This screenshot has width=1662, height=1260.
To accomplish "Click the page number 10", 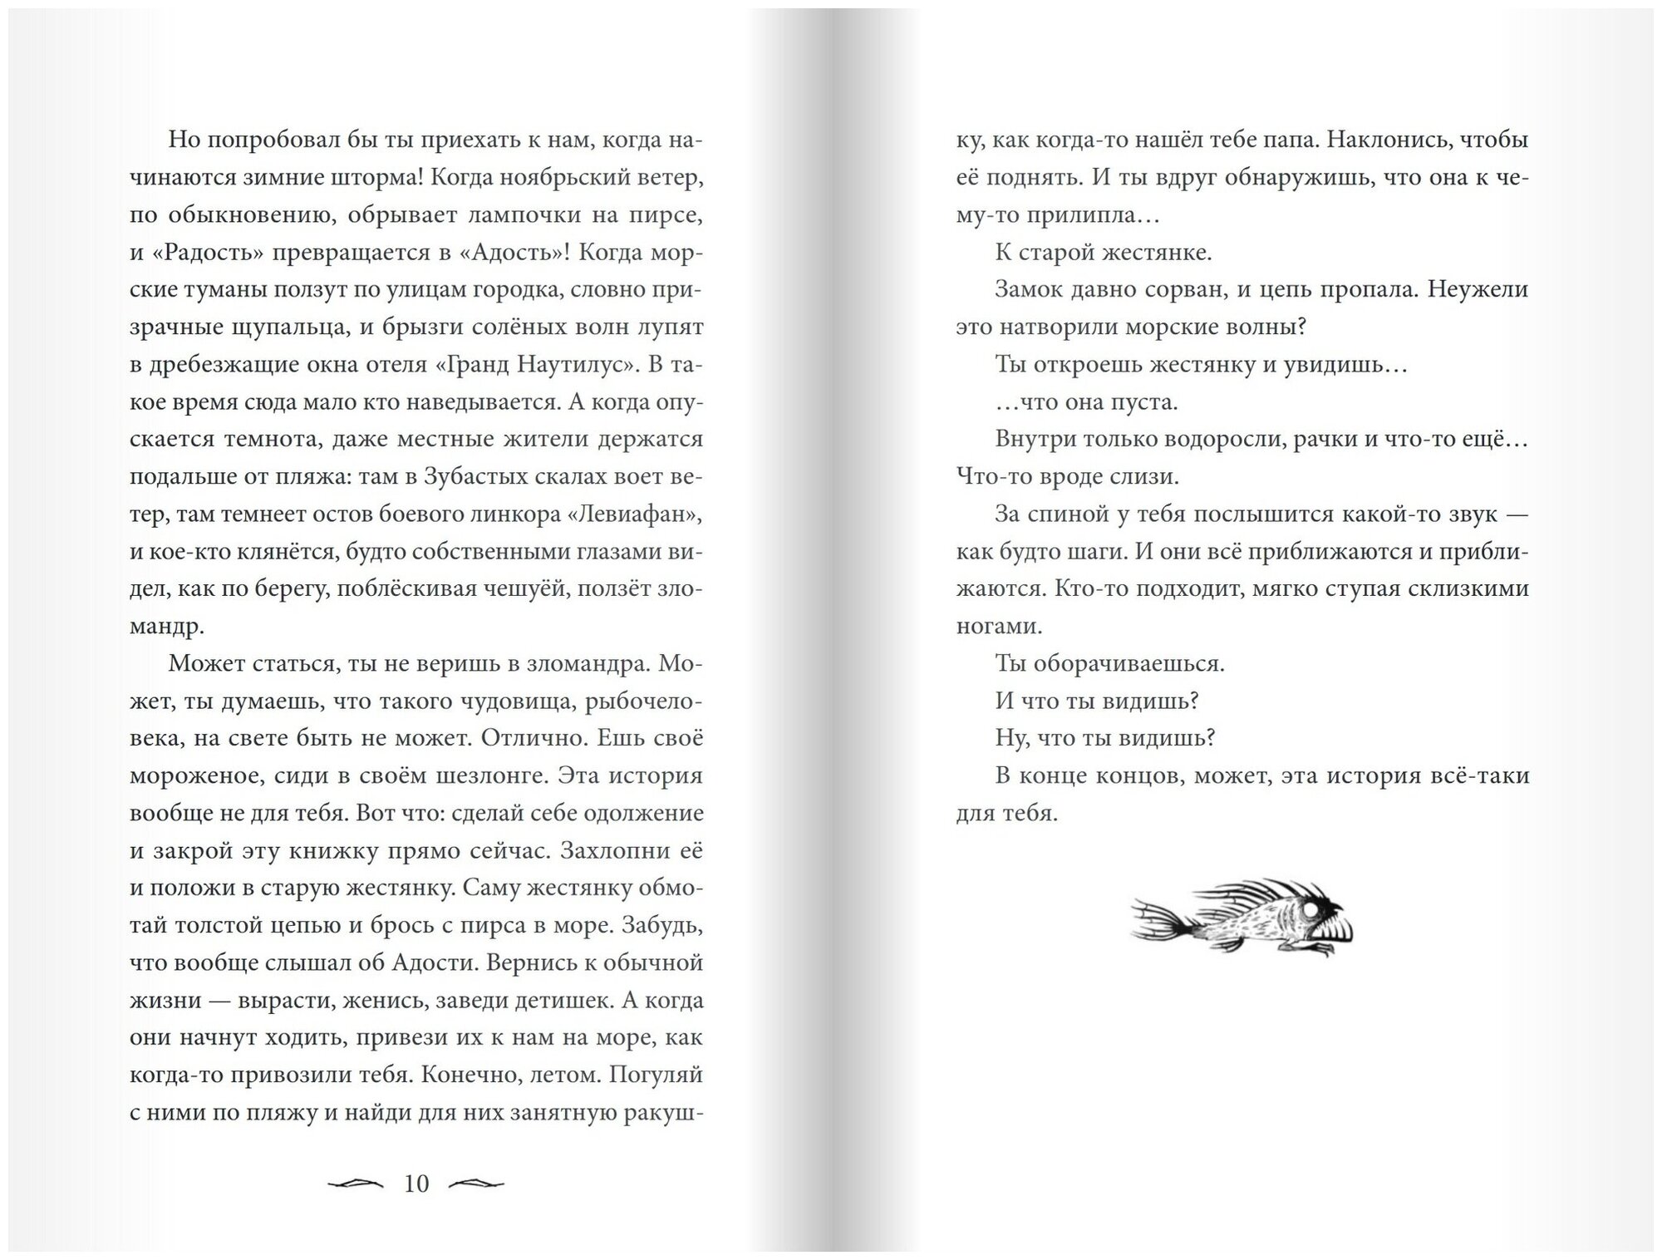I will coord(415,1184).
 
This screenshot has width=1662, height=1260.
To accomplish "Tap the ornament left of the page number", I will coord(356,1184).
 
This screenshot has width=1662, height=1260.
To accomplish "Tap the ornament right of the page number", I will coord(476,1184).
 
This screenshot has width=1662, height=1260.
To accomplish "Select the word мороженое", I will coord(196,776).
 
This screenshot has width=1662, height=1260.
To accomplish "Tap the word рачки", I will coord(1321,440).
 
